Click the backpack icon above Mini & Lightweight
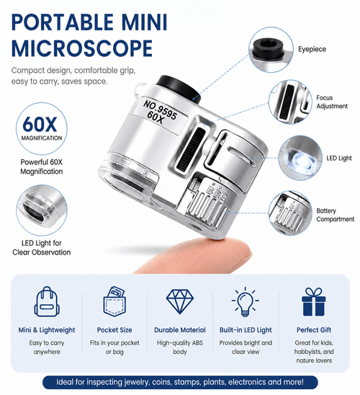click(x=47, y=302)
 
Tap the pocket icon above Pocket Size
click(x=114, y=301)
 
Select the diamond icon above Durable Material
click(x=180, y=301)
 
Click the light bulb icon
click(x=246, y=301)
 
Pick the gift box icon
click(x=314, y=302)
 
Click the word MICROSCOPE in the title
click(x=82, y=48)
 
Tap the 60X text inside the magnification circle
click(x=40, y=124)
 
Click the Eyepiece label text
click(x=312, y=49)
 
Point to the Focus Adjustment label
click(x=332, y=102)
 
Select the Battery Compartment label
click(x=335, y=215)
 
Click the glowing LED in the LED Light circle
click(x=303, y=160)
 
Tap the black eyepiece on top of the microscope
click(x=179, y=89)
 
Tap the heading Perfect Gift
click(x=314, y=329)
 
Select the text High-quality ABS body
click(x=180, y=347)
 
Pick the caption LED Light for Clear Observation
click(x=42, y=248)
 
